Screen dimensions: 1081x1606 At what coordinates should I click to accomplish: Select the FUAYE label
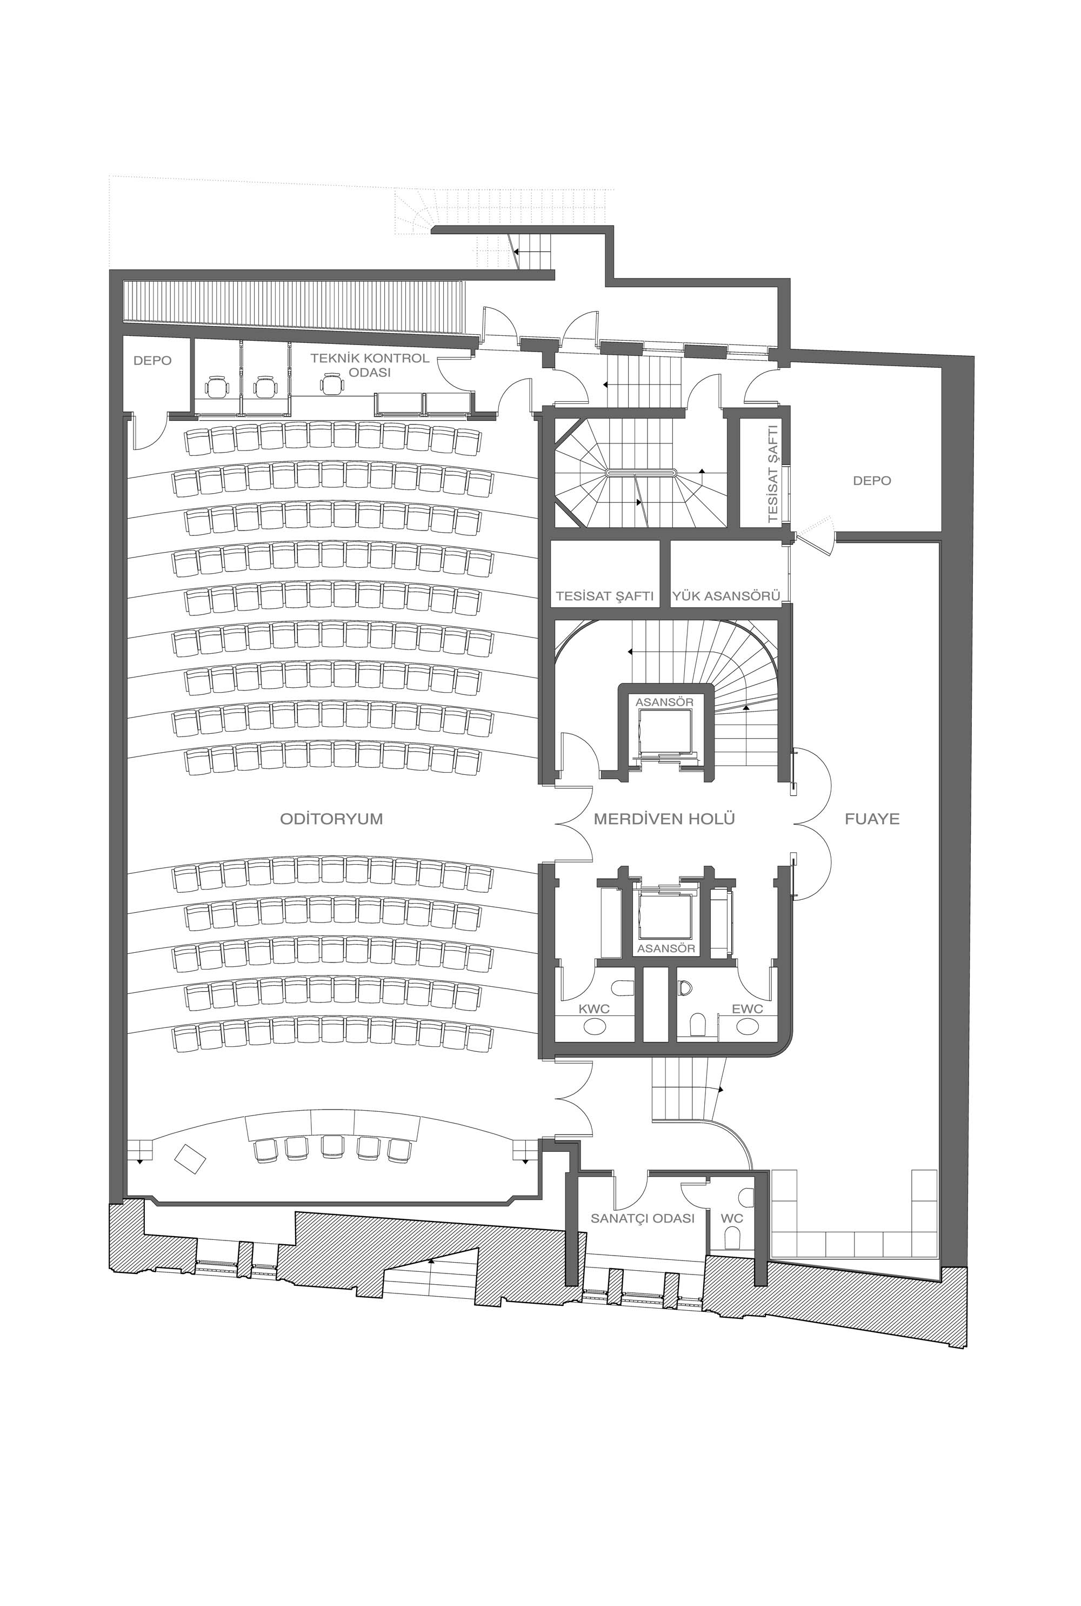[x=872, y=819]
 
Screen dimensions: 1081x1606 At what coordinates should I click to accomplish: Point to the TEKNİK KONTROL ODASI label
[x=370, y=365]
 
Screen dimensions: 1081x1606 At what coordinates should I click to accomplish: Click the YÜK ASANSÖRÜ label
[x=725, y=596]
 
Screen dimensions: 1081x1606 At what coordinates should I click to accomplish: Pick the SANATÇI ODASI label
[x=643, y=1218]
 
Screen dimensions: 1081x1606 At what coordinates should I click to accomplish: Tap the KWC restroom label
[x=593, y=1009]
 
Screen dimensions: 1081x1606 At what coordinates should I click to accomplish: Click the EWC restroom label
[x=748, y=1009]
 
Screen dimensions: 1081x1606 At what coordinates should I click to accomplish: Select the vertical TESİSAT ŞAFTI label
[x=772, y=474]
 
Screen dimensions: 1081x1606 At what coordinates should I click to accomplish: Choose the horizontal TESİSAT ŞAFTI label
[x=605, y=596]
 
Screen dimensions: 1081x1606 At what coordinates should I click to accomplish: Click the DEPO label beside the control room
[x=152, y=361]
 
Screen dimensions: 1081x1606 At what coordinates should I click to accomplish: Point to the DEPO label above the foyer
[x=872, y=481]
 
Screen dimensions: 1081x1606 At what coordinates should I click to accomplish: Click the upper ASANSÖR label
[x=665, y=702]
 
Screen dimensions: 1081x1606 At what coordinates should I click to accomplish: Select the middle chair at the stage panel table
[x=333, y=1147]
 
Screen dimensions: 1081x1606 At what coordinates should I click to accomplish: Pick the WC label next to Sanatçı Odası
[x=732, y=1218]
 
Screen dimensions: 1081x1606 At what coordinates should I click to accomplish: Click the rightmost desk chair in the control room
[x=332, y=383]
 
